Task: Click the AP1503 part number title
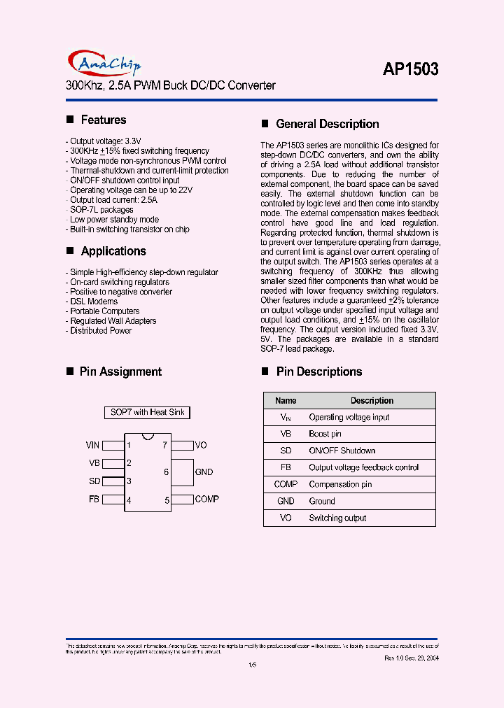coord(410,69)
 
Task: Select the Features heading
coord(103,120)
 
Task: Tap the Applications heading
coord(113,251)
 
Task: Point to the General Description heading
coord(327,124)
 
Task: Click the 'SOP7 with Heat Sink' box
coord(147,413)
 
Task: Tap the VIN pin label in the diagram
coord(92,445)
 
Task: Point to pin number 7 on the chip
coord(164,445)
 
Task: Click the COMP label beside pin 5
coord(207,499)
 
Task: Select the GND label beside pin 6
coord(204,472)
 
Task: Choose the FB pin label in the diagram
coord(94,500)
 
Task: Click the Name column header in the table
coord(286,401)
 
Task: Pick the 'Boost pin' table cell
coord(325,434)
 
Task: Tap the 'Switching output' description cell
coord(337,518)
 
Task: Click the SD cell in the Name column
coord(286,451)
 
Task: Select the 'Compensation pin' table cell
coord(340,484)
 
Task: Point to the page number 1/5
coord(253,665)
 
